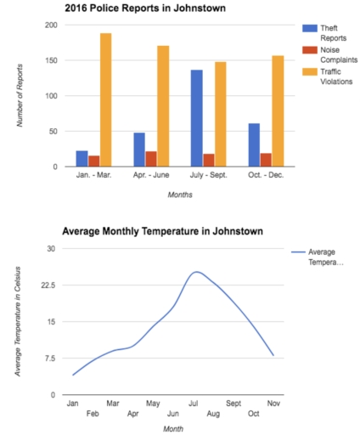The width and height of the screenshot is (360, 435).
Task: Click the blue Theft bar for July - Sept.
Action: (196, 118)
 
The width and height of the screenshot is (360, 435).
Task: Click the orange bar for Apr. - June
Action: (163, 106)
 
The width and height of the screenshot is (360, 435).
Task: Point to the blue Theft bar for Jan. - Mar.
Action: (82, 158)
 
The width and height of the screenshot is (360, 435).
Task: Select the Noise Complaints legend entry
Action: (331, 55)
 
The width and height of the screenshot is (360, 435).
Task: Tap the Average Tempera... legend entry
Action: (327, 257)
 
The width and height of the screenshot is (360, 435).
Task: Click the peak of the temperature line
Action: (196, 272)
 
